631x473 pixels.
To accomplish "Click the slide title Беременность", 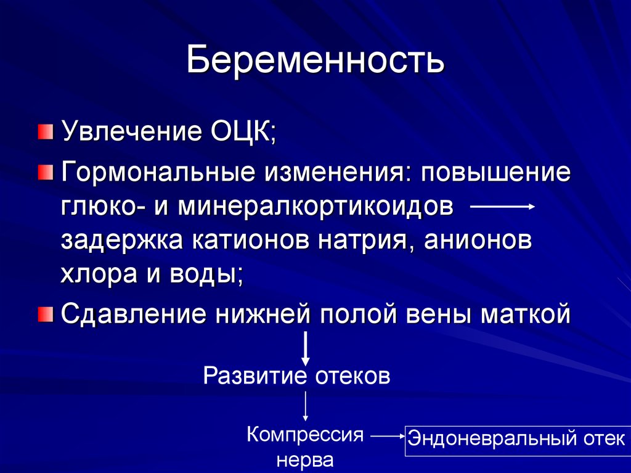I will click(x=315, y=61).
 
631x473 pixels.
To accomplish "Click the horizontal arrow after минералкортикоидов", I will click(x=502, y=208).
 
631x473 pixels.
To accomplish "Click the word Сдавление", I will click(x=132, y=315).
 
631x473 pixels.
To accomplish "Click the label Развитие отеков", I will click(x=296, y=376).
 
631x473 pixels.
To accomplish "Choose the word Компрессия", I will click(x=305, y=435).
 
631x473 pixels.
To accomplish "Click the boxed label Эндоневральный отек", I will click(x=517, y=440).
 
